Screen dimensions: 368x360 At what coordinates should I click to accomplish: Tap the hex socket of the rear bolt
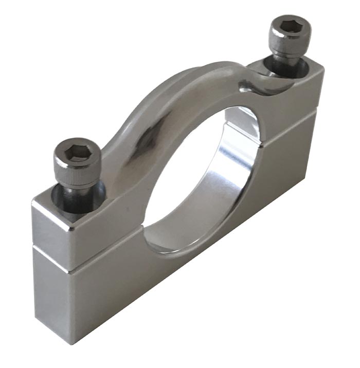292,27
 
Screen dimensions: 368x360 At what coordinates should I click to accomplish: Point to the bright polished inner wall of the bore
234,164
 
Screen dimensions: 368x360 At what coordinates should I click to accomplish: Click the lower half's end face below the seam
51,288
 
